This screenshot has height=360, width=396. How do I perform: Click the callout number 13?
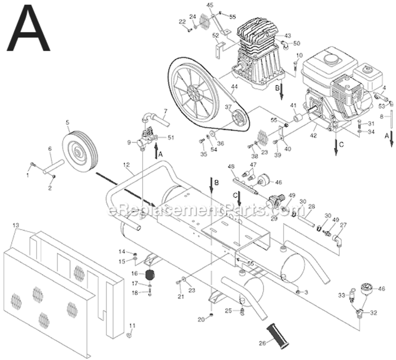[x=15, y=225]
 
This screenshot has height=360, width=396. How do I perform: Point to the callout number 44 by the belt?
[x=234, y=87]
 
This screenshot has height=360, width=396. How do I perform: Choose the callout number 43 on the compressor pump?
[x=288, y=36]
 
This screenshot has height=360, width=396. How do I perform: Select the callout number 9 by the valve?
[x=128, y=142]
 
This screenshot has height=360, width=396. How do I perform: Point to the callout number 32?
[x=373, y=313]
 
